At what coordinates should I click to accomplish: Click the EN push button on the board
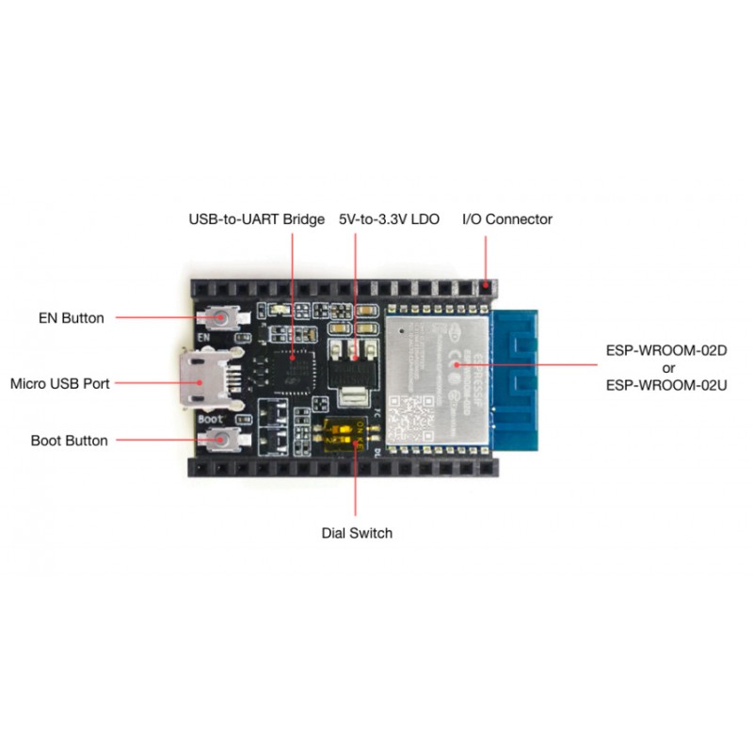pos(224,318)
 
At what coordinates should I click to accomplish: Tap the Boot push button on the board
pos(224,439)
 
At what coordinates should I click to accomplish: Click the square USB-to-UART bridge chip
pos(293,360)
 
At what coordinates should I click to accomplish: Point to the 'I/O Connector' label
pos(506,219)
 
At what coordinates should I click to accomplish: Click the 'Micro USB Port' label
pos(60,384)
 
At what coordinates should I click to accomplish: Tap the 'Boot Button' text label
pos(69,441)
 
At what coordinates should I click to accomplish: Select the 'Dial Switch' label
pos(357,533)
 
